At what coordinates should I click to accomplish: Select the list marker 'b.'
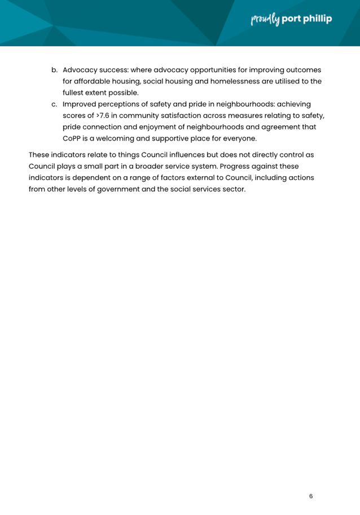click(x=55, y=70)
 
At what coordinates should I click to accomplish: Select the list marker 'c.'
click(x=55, y=104)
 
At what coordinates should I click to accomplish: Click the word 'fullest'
click(x=74, y=93)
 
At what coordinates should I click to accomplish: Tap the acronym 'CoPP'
click(x=73, y=138)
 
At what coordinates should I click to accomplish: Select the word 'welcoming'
click(x=123, y=138)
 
